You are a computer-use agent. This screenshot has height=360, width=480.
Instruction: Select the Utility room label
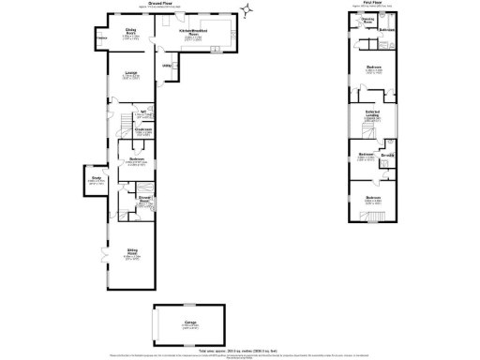click(166, 65)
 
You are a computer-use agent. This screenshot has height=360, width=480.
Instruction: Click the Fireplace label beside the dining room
click(100, 38)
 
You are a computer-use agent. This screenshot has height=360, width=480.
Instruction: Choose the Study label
click(97, 178)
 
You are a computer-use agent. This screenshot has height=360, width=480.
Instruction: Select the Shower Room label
click(145, 200)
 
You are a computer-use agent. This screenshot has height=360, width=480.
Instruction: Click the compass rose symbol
click(247, 11)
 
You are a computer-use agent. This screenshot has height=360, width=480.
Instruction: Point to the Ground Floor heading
click(158, 5)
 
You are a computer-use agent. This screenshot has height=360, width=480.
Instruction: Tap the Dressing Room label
click(368, 21)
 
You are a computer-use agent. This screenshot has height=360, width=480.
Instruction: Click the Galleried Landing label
click(370, 113)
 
